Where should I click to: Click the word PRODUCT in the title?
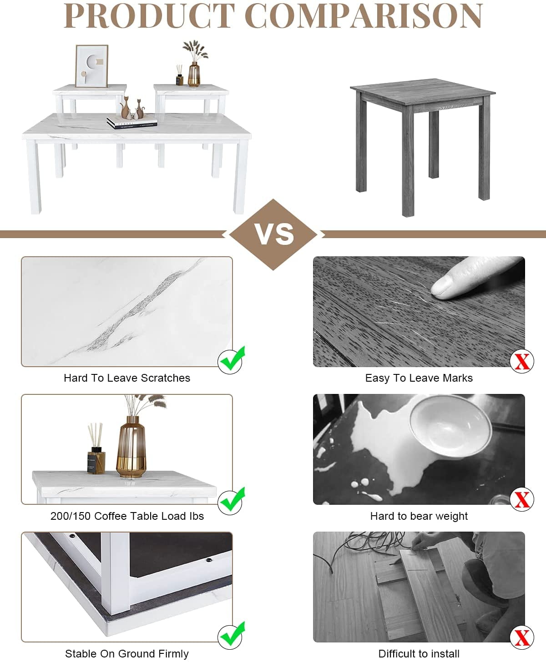(149, 15)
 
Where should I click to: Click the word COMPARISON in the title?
(364, 15)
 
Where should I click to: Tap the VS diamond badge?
(273, 234)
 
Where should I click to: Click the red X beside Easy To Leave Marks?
(522, 361)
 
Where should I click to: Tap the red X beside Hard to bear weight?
(522, 499)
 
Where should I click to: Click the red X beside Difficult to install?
(522, 637)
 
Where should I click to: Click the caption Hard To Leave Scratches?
(127, 378)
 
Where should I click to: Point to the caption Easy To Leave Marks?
(419, 378)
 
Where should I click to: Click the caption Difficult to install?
(419, 654)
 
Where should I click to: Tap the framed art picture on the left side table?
(92, 66)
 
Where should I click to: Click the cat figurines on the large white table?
(132, 108)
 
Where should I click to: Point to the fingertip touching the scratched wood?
(443, 288)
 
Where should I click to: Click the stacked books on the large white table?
(132, 123)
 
